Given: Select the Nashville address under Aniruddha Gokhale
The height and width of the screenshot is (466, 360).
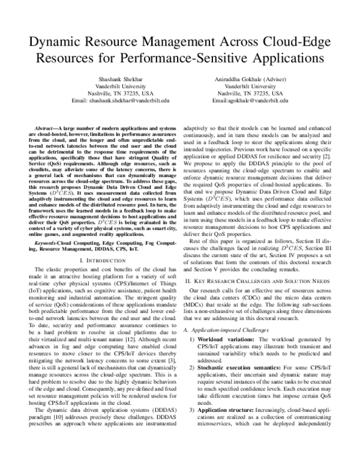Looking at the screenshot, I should [250, 94].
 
